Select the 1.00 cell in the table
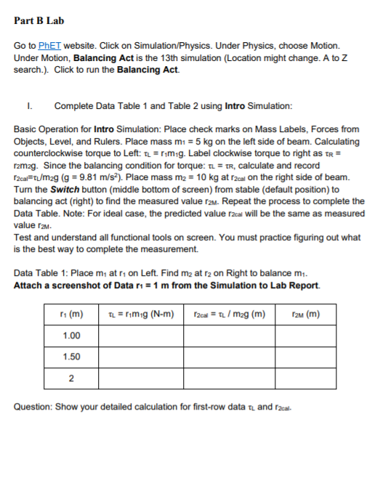71,335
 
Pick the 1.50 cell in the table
71,357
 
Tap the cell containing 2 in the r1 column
71,378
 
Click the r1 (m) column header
71,314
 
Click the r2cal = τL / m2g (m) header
223,314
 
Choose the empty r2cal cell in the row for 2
223,378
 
